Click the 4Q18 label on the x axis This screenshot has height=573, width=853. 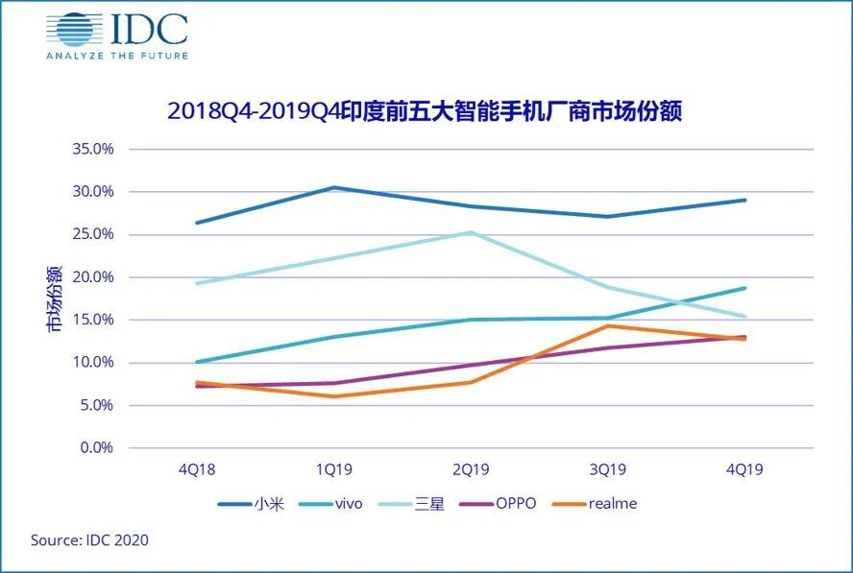197,470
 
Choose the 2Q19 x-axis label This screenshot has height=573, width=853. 471,470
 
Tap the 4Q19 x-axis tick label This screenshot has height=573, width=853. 744,470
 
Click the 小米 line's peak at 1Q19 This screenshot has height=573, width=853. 333,187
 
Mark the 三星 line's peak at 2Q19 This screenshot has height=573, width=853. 471,232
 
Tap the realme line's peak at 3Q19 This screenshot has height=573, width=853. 607,325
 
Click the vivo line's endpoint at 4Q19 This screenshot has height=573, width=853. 744,288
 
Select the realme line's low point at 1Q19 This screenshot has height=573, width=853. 333,396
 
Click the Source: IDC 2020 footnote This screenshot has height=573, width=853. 89,540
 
